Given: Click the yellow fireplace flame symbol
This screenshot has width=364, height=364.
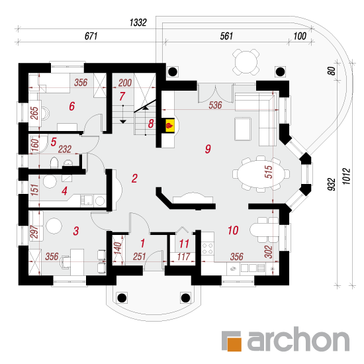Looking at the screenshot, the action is click(169, 126).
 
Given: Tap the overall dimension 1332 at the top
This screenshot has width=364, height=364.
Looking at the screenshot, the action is click(138, 23).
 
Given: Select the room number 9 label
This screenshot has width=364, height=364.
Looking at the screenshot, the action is click(208, 149).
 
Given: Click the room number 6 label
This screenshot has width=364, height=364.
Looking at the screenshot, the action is click(72, 106).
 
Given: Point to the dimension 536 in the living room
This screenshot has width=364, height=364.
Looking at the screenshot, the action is click(215, 105).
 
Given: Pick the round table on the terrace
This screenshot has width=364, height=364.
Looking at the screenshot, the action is click(246, 62).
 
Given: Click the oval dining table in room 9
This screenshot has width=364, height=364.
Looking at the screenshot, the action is click(261, 173).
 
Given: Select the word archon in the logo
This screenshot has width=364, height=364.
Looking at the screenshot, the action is click(298, 339).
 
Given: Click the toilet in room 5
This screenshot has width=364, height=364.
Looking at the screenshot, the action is click(54, 163).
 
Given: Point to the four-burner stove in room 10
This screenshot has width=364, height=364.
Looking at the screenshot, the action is click(208, 249).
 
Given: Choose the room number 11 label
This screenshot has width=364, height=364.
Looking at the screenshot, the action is click(184, 244).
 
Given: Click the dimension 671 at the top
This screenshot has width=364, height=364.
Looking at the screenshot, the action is click(91, 36).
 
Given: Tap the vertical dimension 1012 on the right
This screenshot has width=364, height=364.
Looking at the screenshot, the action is click(346, 177).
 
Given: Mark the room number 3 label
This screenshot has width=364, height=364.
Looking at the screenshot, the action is click(76, 231).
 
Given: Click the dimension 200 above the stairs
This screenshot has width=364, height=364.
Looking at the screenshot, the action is click(125, 83).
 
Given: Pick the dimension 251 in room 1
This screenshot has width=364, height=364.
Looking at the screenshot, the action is click(139, 257).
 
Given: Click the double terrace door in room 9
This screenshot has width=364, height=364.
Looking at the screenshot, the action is click(216, 93).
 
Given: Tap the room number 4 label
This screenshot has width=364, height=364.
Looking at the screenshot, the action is click(64, 191).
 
